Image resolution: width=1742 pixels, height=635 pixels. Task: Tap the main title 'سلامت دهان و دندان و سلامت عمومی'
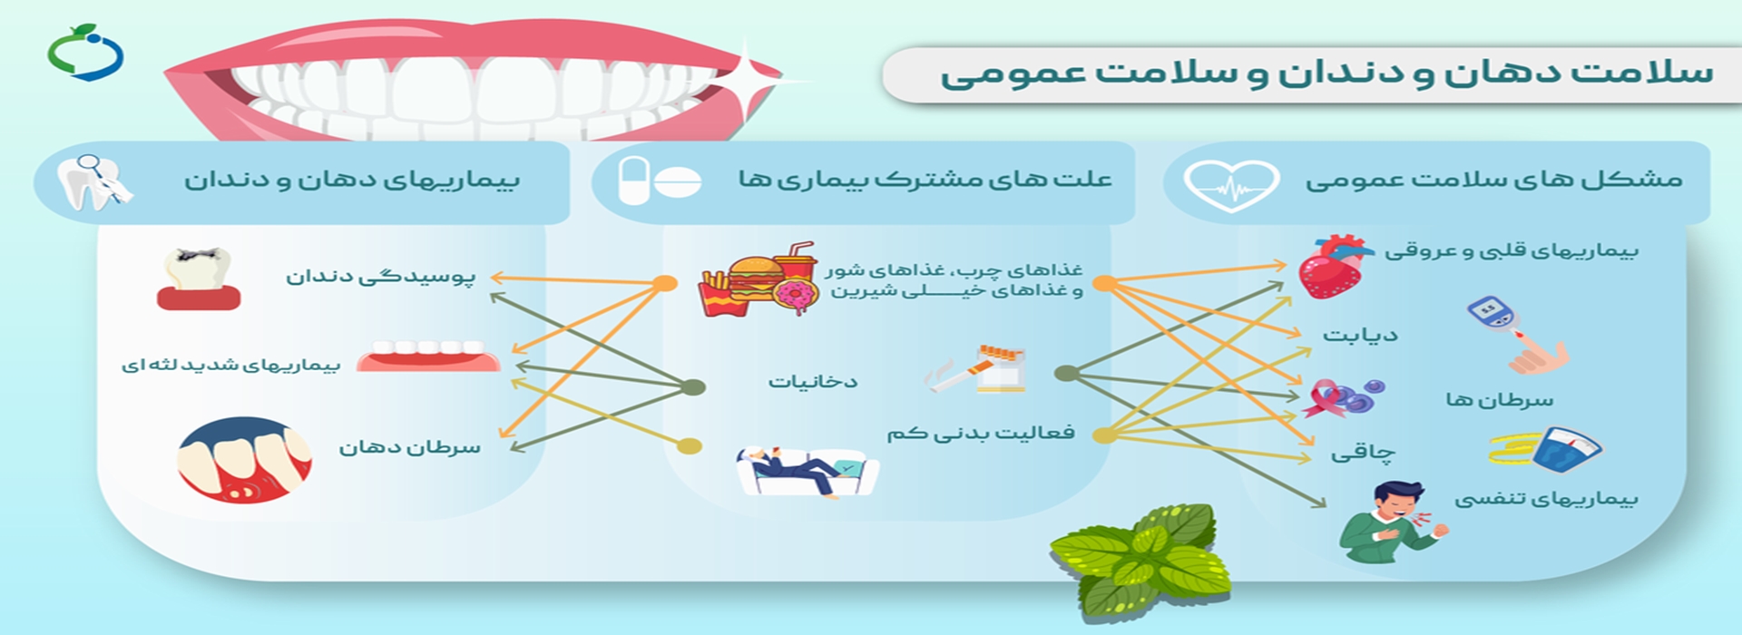tap(1326, 73)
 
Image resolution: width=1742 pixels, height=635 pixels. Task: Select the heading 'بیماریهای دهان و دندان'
tap(352, 180)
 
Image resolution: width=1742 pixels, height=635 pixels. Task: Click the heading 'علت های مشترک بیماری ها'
tap(925, 179)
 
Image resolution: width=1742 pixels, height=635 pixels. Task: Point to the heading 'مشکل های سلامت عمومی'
tap(1493, 180)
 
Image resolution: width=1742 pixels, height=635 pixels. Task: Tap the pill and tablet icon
tap(659, 181)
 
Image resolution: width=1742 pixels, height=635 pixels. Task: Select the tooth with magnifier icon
tap(93, 181)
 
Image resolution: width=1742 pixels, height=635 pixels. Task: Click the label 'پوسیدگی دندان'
tap(380, 276)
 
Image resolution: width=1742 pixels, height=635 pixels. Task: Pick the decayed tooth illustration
tap(198, 278)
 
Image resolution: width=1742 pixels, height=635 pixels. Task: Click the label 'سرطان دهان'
tap(409, 447)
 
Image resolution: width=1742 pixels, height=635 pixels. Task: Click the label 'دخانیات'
tap(813, 381)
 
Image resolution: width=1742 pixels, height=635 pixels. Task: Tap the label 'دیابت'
tap(1359, 336)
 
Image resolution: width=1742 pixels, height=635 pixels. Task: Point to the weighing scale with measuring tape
tap(1546, 447)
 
